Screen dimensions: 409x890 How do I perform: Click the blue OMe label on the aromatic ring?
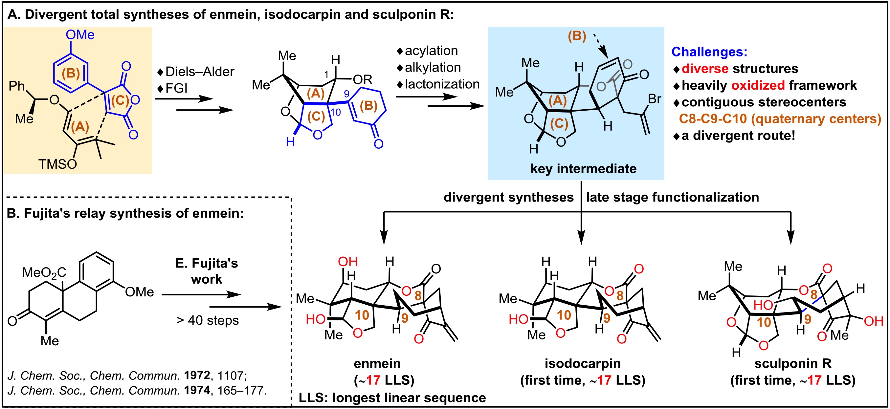(x=80, y=34)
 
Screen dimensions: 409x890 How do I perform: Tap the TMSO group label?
(x=57, y=164)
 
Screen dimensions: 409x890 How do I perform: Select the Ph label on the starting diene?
(x=16, y=86)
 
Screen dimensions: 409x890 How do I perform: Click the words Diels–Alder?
(x=200, y=72)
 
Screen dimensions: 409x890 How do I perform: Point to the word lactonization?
(x=442, y=84)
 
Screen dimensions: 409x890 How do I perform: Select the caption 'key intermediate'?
(x=584, y=169)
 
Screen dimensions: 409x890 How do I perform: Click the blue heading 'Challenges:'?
(x=709, y=52)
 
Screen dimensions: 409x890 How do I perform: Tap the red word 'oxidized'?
(x=758, y=85)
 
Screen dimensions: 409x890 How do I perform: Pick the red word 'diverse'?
(x=705, y=69)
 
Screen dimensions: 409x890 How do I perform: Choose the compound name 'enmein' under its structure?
(x=377, y=363)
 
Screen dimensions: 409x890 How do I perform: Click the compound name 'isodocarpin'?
(x=583, y=363)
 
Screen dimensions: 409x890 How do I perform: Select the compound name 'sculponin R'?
(x=793, y=363)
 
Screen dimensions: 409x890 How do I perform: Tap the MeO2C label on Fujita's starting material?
(x=44, y=273)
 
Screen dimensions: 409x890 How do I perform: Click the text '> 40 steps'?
(x=207, y=320)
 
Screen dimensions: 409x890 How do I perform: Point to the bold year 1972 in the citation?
(x=197, y=375)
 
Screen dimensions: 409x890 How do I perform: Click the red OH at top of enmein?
(x=347, y=262)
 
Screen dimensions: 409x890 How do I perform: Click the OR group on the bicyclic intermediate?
(x=363, y=80)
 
